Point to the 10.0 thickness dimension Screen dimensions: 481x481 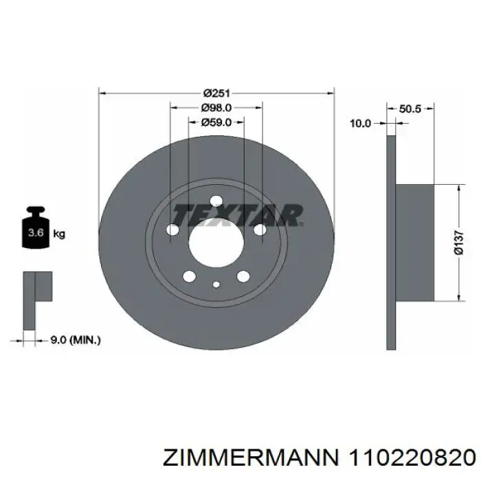(360, 123)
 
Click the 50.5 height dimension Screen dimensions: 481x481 (410, 108)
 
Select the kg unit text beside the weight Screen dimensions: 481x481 (59, 234)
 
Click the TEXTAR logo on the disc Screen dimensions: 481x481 (238, 214)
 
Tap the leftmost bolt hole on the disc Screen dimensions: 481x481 (173, 231)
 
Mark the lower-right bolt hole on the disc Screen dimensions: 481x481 (243, 276)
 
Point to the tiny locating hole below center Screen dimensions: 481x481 (216, 285)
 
